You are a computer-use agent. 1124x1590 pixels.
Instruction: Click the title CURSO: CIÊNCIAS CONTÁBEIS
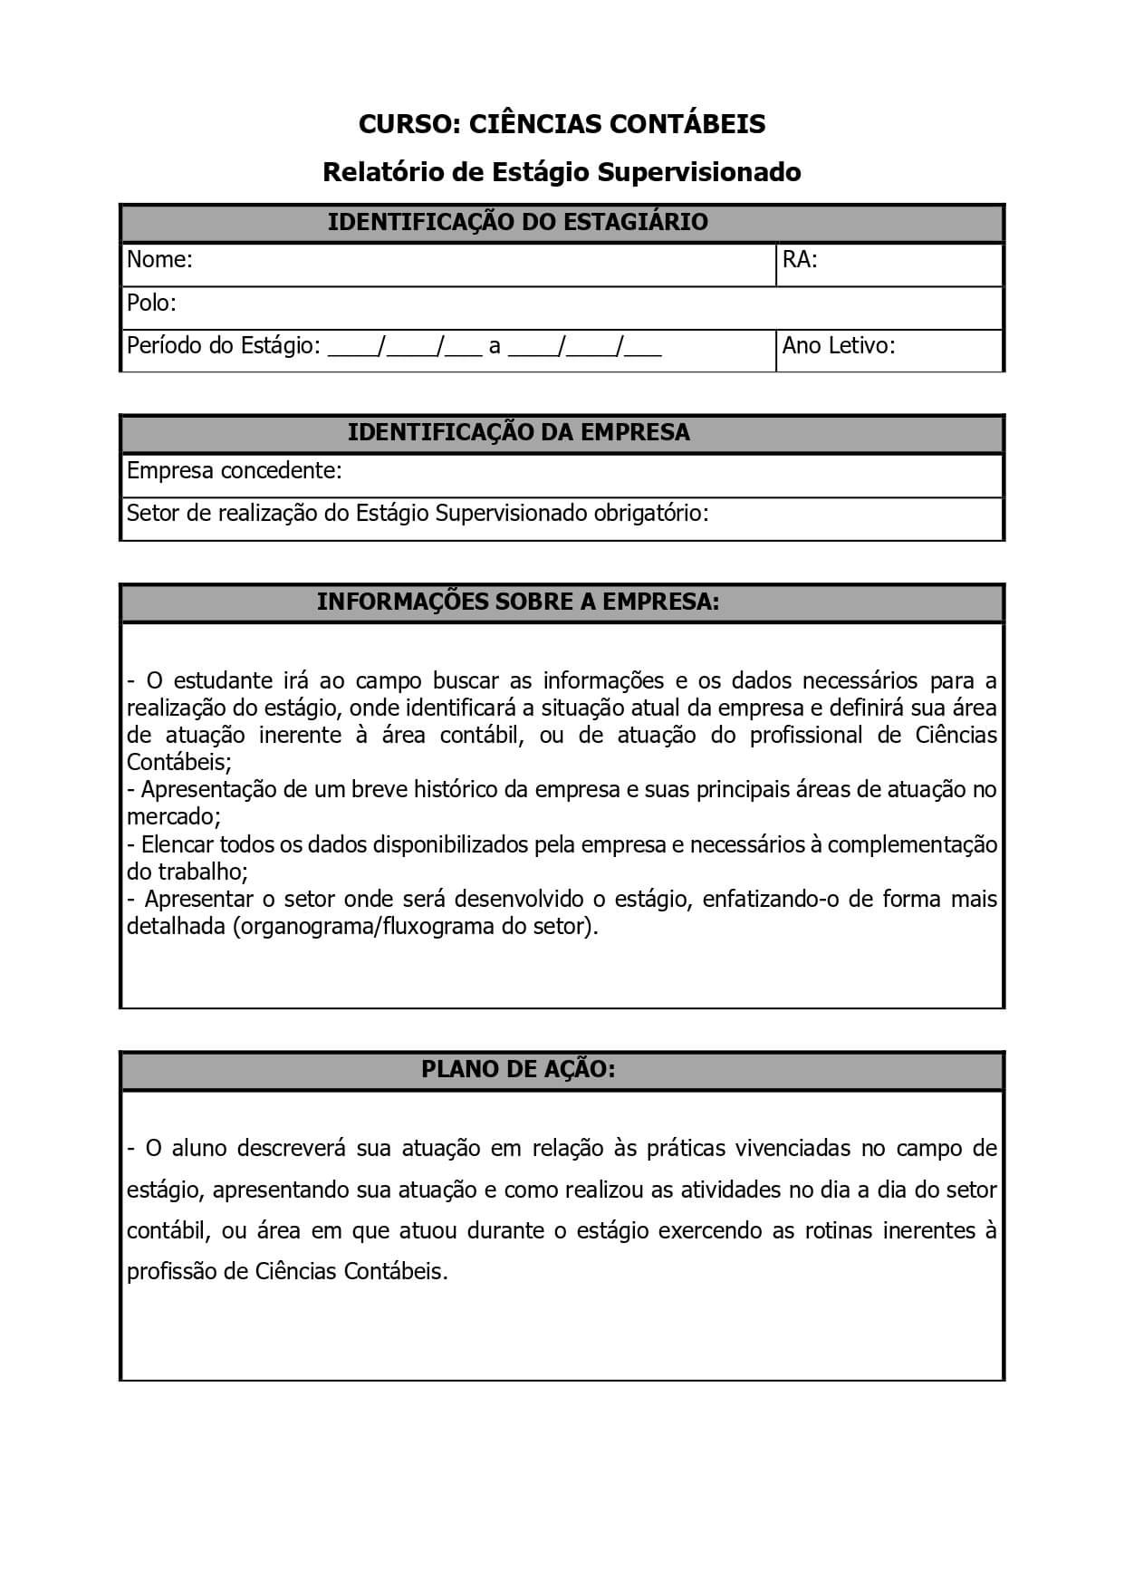pos(562,124)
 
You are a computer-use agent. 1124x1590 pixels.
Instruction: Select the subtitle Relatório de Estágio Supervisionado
pos(562,172)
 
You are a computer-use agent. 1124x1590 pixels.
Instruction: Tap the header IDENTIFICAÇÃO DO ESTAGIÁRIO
pos(517,222)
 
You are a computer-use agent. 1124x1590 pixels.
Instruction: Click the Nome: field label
pos(159,260)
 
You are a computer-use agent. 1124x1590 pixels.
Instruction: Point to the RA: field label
pos(800,260)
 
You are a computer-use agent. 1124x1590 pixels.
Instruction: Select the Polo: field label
pos(151,303)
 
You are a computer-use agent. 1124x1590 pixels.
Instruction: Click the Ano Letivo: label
pos(838,345)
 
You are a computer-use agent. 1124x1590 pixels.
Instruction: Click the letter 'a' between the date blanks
pos(495,346)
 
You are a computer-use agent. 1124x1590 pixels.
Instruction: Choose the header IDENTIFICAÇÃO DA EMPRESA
pos(518,432)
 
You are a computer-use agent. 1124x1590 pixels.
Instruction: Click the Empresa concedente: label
pos(234,470)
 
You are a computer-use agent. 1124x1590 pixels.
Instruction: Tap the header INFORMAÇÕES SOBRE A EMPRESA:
pos(517,602)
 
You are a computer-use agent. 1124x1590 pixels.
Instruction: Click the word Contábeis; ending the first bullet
pos(179,762)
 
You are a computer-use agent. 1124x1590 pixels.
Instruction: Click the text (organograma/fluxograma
pos(364,927)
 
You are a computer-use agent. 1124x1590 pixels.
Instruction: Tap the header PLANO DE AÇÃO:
pos(517,1069)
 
